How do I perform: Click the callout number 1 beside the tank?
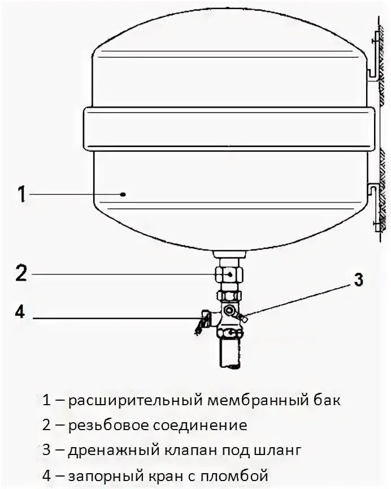point(21,194)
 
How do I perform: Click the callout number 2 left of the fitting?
point(21,273)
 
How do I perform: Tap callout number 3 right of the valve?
point(358,280)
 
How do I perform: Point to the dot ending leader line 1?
point(123,194)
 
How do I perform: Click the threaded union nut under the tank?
point(230,274)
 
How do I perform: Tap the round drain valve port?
point(229,311)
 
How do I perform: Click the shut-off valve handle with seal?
point(199,324)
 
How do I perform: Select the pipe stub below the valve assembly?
point(230,354)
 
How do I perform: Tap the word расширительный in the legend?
point(136,401)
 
